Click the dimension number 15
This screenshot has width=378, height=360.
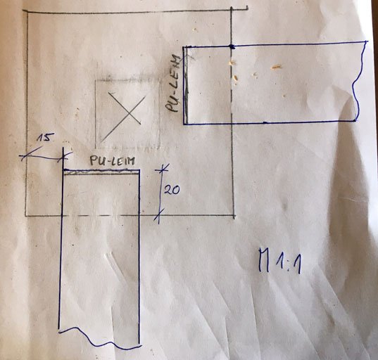[x=44, y=138]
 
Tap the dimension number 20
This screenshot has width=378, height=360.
[x=172, y=190]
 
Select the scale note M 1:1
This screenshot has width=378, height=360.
[x=279, y=262]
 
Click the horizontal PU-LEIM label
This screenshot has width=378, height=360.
[x=113, y=161]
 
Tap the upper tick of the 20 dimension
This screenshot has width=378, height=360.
[x=162, y=169]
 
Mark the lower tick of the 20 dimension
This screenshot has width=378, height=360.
[x=159, y=214]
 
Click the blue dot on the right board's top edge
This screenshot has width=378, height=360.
[x=232, y=46]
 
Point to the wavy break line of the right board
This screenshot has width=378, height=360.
[x=359, y=82]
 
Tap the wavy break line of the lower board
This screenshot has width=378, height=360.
[x=99, y=338]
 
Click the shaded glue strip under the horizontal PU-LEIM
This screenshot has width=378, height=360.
[x=101, y=172]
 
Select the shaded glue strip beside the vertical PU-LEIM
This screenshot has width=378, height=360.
[x=186, y=86]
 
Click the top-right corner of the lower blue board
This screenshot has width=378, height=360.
[x=139, y=170]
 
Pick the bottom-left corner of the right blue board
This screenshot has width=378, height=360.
[x=184, y=124]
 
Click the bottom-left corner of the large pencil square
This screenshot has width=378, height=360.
[x=26, y=216]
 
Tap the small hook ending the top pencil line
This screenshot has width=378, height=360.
[x=246, y=8]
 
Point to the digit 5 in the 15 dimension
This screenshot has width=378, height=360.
[x=47, y=138]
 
